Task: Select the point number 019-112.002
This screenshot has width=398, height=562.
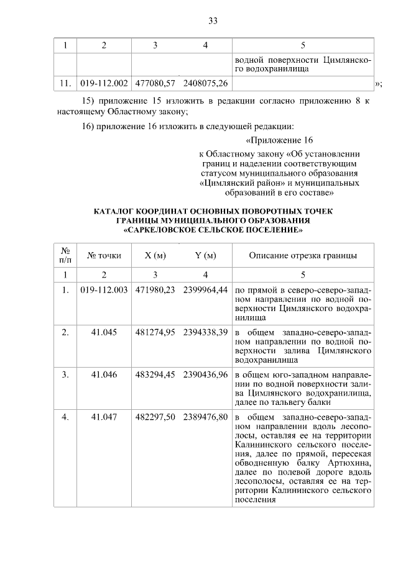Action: (x=104, y=83)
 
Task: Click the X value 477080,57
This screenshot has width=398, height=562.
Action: (x=155, y=83)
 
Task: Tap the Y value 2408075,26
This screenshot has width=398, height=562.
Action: (x=205, y=83)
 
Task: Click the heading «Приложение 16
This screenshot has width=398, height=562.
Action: (x=279, y=140)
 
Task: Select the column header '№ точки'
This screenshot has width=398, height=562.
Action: (x=104, y=255)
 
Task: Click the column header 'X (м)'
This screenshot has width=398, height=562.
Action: (x=155, y=255)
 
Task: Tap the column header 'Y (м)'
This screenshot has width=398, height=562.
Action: (x=205, y=255)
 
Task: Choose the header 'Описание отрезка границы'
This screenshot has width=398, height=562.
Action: (x=303, y=255)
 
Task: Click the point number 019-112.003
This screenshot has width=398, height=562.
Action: (x=104, y=290)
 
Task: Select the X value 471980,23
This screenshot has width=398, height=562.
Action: (x=155, y=290)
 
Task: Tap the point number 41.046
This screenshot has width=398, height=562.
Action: (x=104, y=375)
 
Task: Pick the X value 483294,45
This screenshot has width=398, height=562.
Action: (x=155, y=375)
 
